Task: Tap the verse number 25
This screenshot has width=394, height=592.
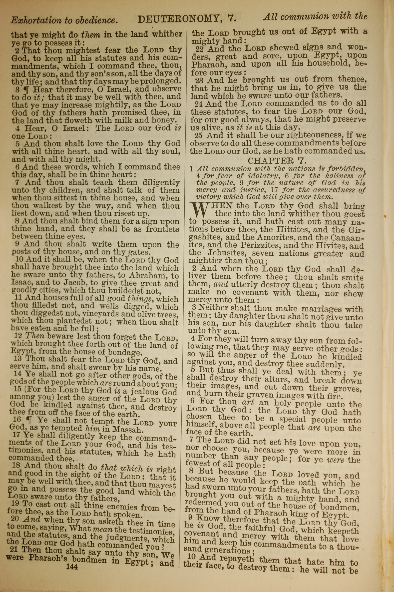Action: coord(199,136)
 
